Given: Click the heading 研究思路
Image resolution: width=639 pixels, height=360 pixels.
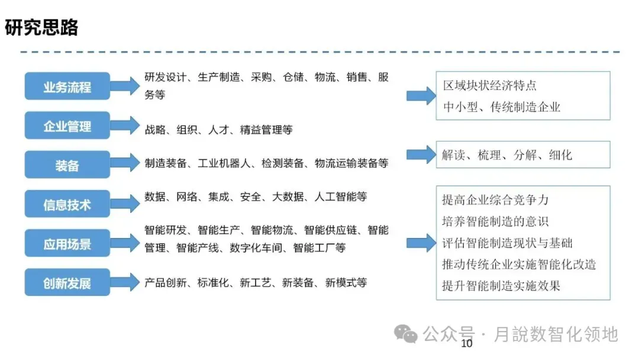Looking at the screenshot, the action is pyautogui.click(x=42, y=28).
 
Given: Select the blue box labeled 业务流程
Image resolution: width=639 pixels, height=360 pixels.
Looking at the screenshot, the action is pyautogui.click(x=67, y=86).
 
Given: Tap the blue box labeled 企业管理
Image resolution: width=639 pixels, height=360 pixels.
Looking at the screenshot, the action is pyautogui.click(x=67, y=126).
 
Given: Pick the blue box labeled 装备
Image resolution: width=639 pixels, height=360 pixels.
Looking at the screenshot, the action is pyautogui.click(x=67, y=165).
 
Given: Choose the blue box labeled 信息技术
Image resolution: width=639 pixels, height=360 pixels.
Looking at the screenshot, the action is pyautogui.click(x=67, y=204).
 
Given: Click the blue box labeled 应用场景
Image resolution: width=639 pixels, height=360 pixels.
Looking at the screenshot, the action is pyautogui.click(x=67, y=243).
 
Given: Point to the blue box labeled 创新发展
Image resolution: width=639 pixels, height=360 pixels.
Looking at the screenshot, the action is pyautogui.click(x=67, y=282).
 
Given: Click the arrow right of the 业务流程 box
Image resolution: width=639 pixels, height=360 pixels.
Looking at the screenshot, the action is pyautogui.click(x=124, y=86).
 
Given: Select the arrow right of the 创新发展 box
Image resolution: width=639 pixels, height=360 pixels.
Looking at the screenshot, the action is pyautogui.click(x=124, y=282).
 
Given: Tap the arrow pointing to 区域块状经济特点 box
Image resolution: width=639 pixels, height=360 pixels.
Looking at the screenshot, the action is pyautogui.click(x=421, y=95).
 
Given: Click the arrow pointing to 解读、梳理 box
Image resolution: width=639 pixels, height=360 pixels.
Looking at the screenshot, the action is pyautogui.click(x=421, y=155).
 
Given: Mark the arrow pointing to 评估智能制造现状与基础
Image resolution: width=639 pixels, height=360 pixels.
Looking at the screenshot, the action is pyautogui.click(x=421, y=243).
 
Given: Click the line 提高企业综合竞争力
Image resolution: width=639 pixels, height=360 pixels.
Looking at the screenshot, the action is pyautogui.click(x=495, y=200).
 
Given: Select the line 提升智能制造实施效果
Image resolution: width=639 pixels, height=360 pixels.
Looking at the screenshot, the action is pyautogui.click(x=501, y=285).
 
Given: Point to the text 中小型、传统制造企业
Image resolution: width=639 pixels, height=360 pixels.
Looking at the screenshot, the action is pyautogui.click(x=501, y=107).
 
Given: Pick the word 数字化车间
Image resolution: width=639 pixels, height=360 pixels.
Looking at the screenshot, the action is pyautogui.click(x=258, y=248).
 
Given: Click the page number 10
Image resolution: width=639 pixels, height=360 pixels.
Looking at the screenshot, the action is pyautogui.click(x=467, y=344).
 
